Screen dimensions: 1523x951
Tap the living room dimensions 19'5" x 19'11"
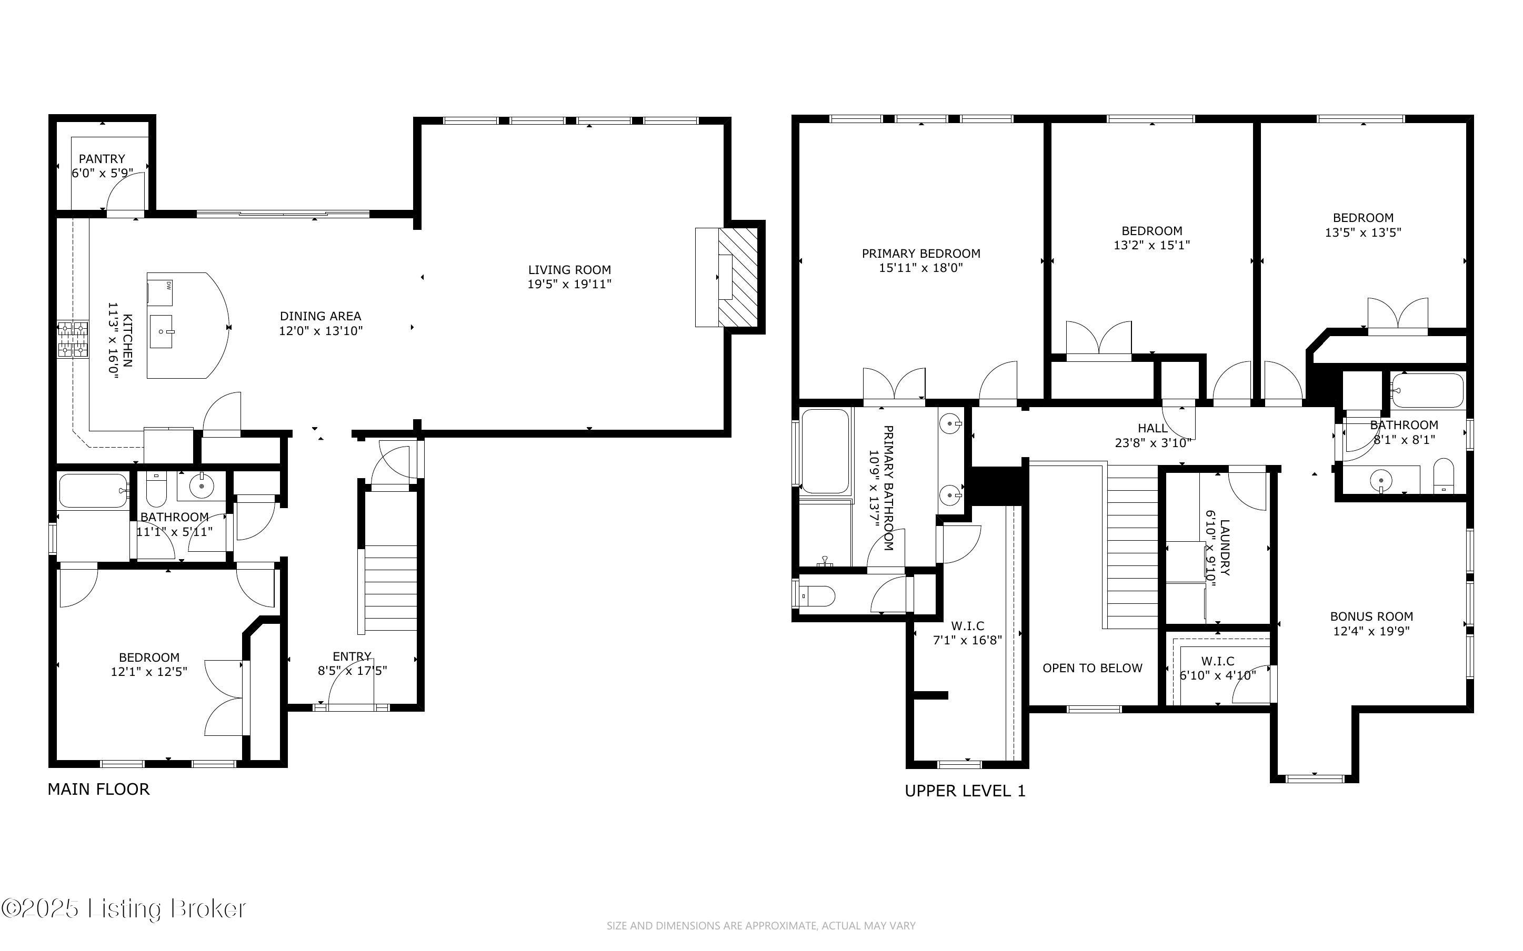569,284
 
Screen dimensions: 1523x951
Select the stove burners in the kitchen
73,340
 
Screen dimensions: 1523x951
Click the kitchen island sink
161,331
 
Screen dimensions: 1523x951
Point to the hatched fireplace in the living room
737,277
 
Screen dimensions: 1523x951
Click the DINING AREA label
321,316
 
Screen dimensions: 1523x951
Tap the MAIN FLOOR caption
99,790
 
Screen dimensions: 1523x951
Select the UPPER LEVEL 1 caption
965,791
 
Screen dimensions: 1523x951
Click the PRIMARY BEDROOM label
921,254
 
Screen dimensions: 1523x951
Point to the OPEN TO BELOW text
1093,669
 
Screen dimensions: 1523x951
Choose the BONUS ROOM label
1371,616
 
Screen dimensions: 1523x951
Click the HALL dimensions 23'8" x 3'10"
1153,443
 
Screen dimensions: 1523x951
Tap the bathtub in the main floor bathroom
94,491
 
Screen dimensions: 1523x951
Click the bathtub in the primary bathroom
825,451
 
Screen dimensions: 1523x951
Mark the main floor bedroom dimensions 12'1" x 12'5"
149,672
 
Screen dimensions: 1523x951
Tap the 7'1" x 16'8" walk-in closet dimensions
967,641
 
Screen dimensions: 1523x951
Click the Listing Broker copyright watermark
123,909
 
